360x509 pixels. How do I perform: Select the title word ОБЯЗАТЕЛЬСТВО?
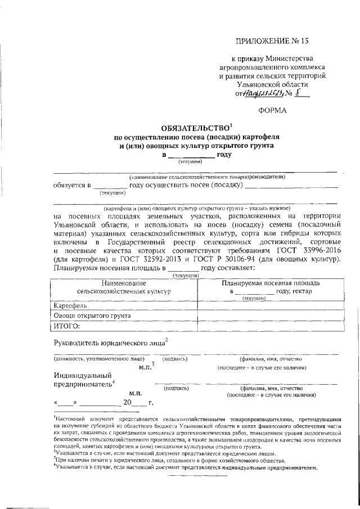pos(191,128)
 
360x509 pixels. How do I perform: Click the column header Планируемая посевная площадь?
pos(271,283)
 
